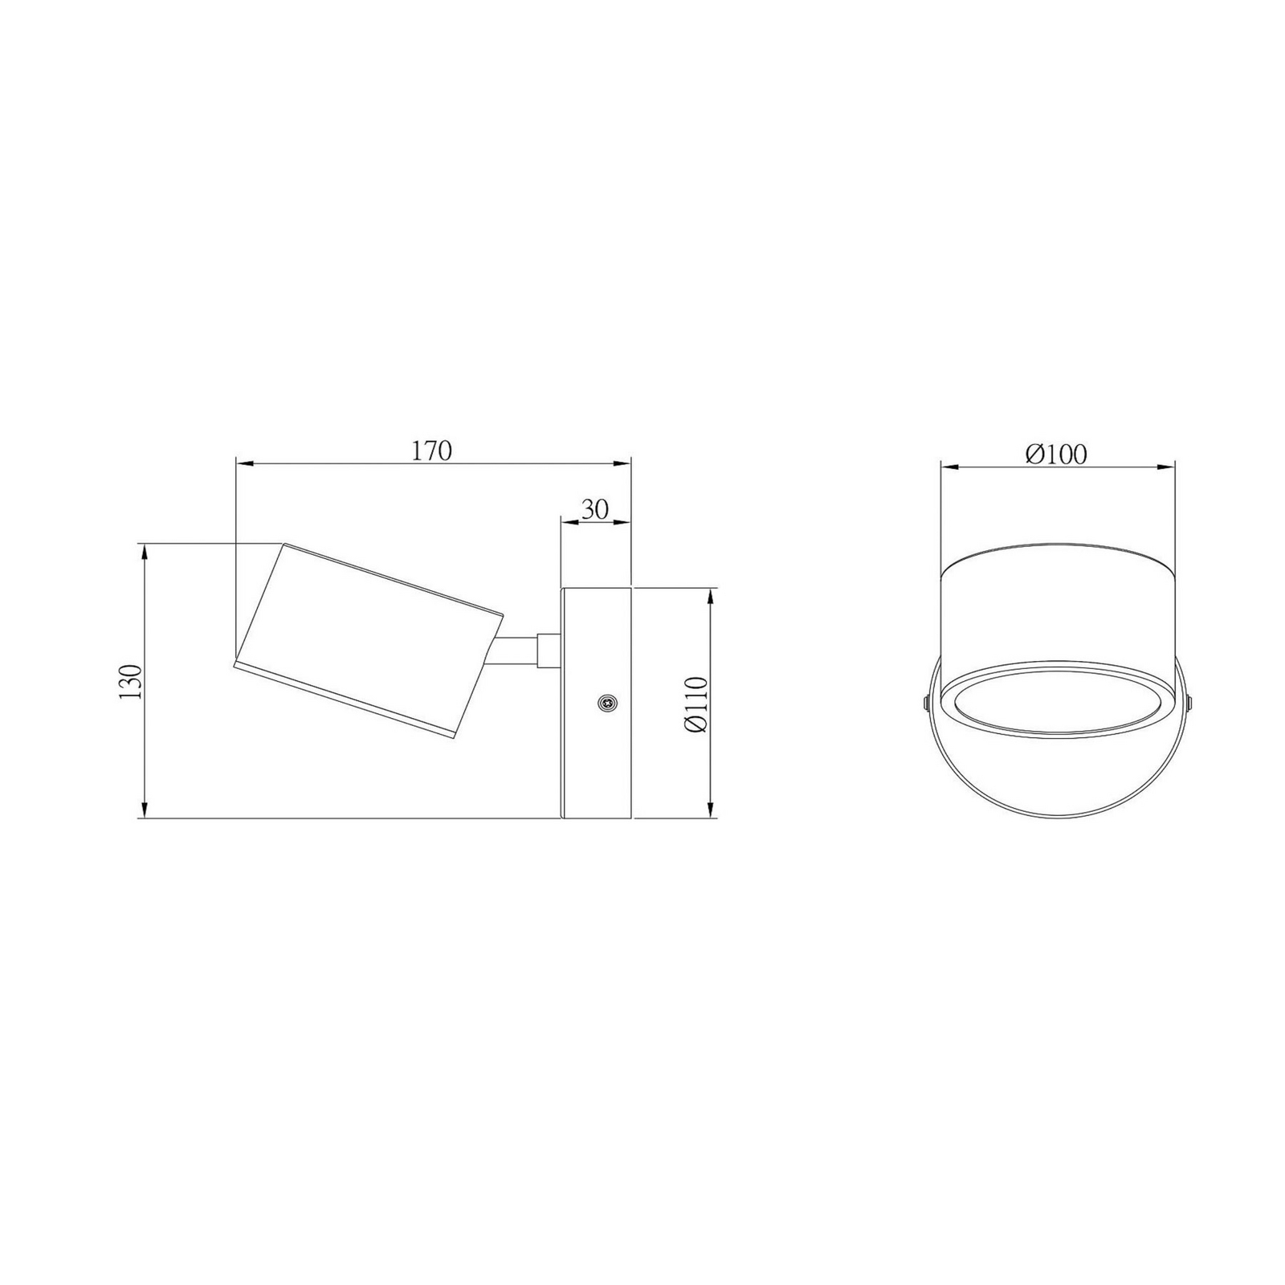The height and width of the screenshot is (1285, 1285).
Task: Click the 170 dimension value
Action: coord(432,451)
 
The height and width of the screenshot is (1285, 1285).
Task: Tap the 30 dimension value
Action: coord(595,508)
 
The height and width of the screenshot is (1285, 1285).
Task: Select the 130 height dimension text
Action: coord(131,681)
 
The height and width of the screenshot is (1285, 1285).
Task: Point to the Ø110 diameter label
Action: coord(696,704)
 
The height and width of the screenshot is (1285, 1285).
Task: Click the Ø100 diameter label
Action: coord(1055,455)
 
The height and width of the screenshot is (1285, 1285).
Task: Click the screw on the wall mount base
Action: coord(608,703)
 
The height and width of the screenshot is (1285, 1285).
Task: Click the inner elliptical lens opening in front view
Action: coord(1056,700)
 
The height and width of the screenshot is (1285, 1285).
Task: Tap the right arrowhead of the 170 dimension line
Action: coord(622,463)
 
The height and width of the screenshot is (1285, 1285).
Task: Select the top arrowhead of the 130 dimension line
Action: coord(145,553)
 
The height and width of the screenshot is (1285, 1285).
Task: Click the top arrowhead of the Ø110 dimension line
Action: coord(712,599)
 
